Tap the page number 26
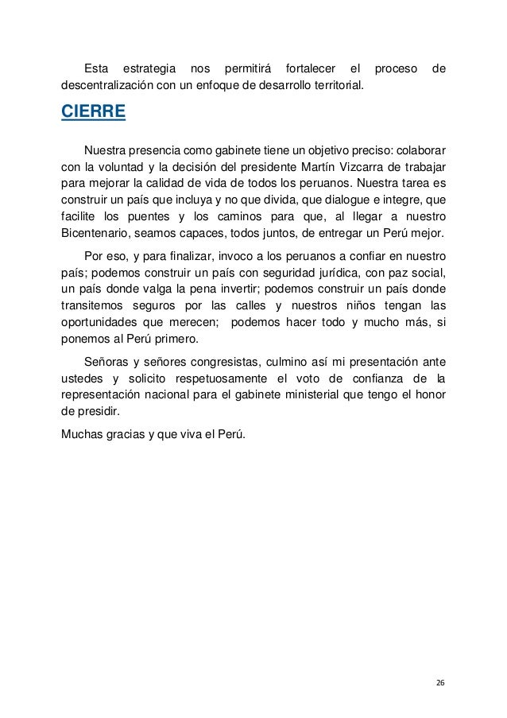[x=440, y=683]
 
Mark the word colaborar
[x=418, y=149]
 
